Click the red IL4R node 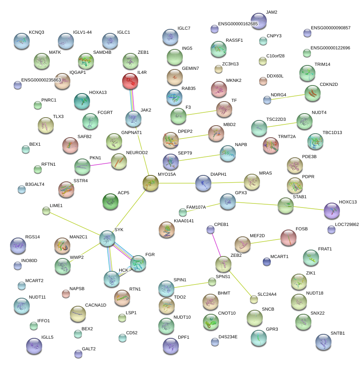click(x=130, y=81)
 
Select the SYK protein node click(x=107, y=238)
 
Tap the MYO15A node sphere click(x=151, y=183)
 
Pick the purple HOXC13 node click(x=332, y=211)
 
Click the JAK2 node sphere click(x=133, y=119)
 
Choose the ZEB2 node click(x=223, y=264)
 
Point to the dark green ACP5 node click(x=110, y=201)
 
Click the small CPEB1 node click(x=211, y=230)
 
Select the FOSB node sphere click(x=288, y=238)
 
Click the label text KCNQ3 click(x=37, y=32)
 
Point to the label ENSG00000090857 click(x=331, y=28)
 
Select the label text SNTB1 click(x=338, y=333)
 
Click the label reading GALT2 click(x=89, y=349)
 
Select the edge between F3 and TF click(x=201, y=112)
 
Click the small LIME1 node click(x=46, y=211)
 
